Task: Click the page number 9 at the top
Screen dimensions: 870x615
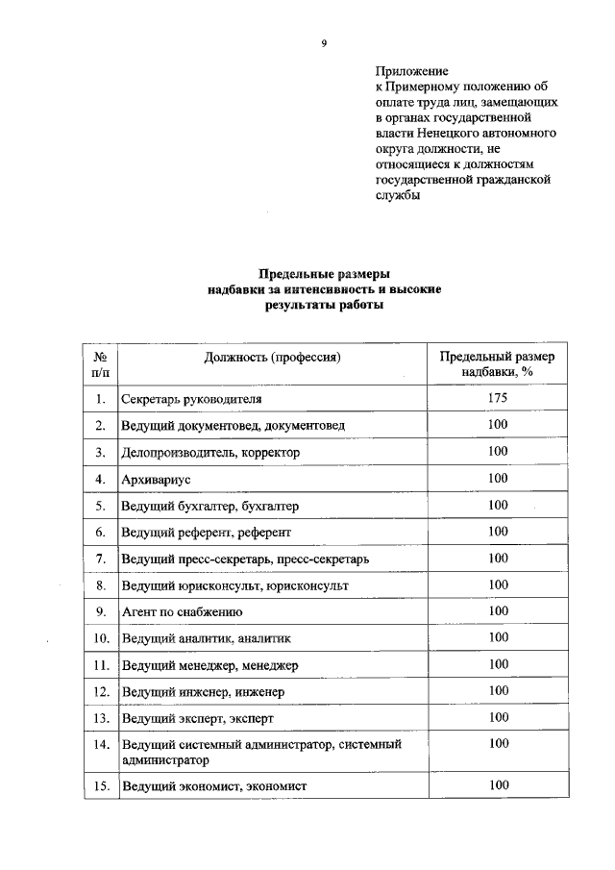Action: (324, 42)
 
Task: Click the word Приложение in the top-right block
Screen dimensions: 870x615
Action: (411, 71)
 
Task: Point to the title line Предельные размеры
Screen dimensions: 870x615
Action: (324, 274)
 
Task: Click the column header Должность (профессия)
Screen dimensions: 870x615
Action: (273, 358)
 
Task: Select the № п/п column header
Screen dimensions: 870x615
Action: (100, 364)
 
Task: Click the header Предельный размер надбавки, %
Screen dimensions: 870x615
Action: (497, 364)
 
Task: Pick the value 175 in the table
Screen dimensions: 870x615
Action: (497, 397)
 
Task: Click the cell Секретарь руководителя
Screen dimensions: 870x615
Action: (191, 398)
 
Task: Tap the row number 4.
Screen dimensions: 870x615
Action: (100, 478)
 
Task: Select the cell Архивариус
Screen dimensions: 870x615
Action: (159, 478)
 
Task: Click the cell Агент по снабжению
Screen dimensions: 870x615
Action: (182, 611)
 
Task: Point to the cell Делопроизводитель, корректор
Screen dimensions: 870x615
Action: (210, 451)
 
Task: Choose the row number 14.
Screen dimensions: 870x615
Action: (100, 744)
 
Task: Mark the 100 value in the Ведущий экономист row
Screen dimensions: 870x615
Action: (497, 785)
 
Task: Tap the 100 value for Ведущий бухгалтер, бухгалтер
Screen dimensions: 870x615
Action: (497, 505)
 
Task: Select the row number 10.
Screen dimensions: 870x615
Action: (100, 638)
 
